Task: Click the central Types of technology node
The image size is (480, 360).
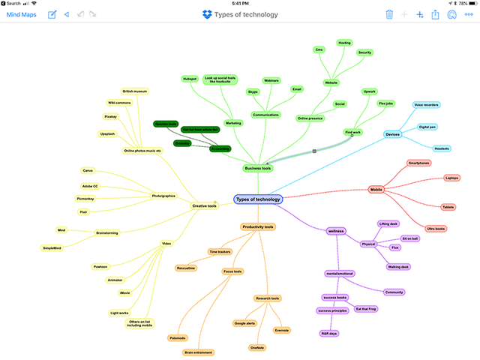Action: point(258,199)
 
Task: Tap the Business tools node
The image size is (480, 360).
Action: point(257,169)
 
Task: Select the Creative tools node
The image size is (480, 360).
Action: point(205,205)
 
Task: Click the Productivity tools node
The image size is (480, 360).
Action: point(257,226)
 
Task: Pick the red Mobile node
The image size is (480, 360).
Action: point(376,190)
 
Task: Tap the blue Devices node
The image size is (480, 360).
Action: point(392,134)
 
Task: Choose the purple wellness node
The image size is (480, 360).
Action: point(335,231)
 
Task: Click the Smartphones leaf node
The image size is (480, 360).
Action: point(418,163)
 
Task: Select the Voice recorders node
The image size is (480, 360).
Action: point(426,105)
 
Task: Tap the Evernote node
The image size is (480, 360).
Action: point(282,330)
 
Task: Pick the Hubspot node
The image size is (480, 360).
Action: point(189,79)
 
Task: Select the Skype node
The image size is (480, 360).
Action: point(253,91)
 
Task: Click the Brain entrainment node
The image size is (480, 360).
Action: point(198,352)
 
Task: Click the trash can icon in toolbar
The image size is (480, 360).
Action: point(389,14)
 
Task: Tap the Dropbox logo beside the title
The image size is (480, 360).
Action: point(208,14)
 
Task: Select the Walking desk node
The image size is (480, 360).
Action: point(398,267)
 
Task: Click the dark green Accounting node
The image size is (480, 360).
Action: point(220,149)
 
